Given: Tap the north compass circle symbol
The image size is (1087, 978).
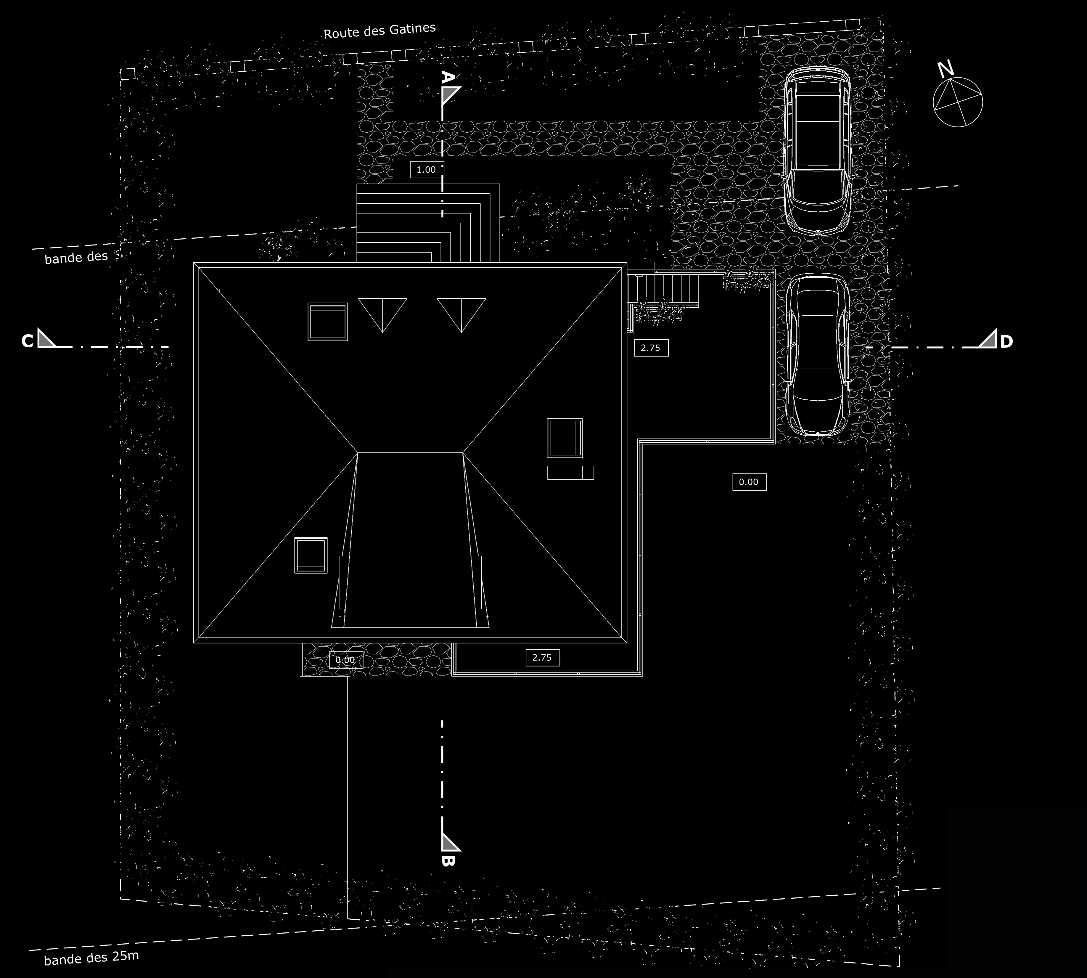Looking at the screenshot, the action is [958, 102].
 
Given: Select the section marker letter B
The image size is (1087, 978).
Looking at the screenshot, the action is [448, 860].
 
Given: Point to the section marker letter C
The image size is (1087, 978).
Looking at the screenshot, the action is [28, 341].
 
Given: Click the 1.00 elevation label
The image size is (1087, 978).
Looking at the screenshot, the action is [427, 170].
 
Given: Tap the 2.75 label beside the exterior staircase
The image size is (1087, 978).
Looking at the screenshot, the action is [651, 348].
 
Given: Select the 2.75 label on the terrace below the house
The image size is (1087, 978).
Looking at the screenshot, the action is [542, 657].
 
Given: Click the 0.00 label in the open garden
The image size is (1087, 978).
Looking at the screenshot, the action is [749, 482].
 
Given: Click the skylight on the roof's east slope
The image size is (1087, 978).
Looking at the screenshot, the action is [565, 438].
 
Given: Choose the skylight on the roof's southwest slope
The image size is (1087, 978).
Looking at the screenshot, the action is [311, 555].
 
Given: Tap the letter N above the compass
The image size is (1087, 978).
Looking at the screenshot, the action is [946, 69].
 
